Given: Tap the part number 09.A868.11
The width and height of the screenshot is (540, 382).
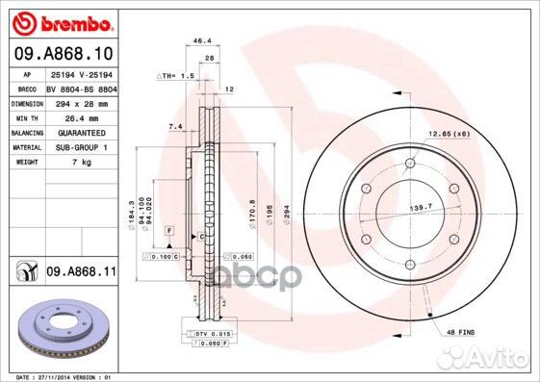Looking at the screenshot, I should pos(81,273).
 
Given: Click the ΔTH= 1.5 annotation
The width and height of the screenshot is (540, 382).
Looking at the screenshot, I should pos(175,75).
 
